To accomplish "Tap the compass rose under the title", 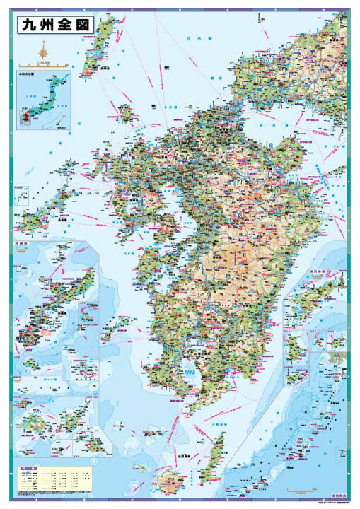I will (x=43, y=51).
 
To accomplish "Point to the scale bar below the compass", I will (x=42, y=64).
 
